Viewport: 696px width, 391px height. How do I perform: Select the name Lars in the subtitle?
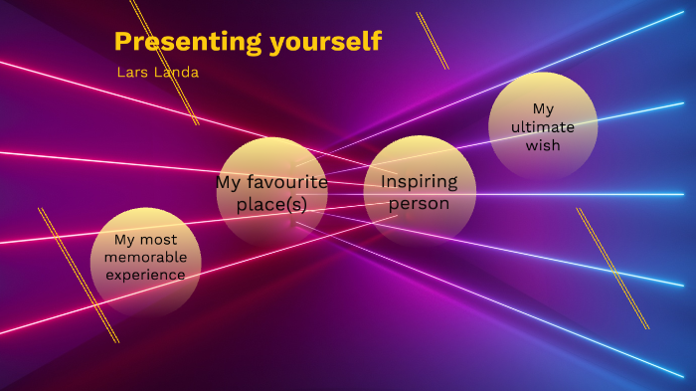(131, 73)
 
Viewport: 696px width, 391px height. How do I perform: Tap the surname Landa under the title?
(178, 73)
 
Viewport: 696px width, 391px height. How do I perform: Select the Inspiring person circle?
(419, 192)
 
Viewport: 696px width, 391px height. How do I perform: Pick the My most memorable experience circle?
(146, 261)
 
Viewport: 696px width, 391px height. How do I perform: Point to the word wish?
(543, 145)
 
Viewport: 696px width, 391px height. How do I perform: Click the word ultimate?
(543, 126)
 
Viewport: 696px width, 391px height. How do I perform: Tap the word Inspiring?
(419, 182)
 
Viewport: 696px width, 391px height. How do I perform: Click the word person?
(419, 204)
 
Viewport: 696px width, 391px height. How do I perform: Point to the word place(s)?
(271, 205)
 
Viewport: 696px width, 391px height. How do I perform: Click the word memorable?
(146, 257)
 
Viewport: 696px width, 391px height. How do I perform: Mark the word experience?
(146, 274)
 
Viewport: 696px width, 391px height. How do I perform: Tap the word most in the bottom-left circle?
(159, 240)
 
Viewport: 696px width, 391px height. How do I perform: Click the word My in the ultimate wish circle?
(543, 108)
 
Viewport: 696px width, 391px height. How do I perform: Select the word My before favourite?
(228, 182)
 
